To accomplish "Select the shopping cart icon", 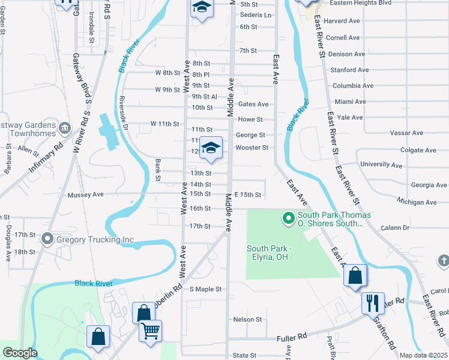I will click(x=150, y=329).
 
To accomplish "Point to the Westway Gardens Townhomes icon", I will click(x=65, y=128).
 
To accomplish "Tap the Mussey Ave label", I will click(x=86, y=194).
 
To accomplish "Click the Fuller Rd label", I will click(x=292, y=338).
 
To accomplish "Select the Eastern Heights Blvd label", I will click(x=360, y=3).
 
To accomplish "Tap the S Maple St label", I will click(x=206, y=289).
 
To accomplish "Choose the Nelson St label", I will click(x=248, y=320).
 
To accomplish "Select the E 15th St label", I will click(x=248, y=195).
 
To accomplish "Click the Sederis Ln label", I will click(x=255, y=15).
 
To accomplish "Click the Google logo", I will click(x=19, y=353).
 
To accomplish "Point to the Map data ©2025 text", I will click(x=423, y=355).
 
